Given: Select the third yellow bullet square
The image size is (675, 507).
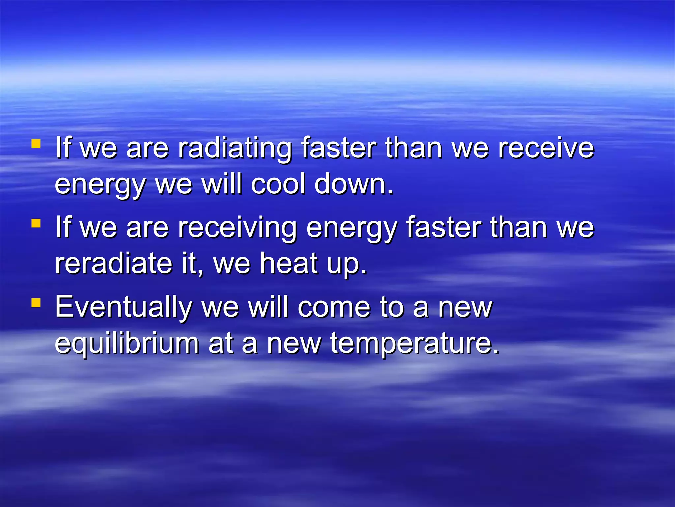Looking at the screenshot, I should click(x=36, y=303).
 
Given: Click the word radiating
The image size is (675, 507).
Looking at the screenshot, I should click(x=235, y=149).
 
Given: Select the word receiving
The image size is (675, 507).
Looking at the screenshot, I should click(x=237, y=228).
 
